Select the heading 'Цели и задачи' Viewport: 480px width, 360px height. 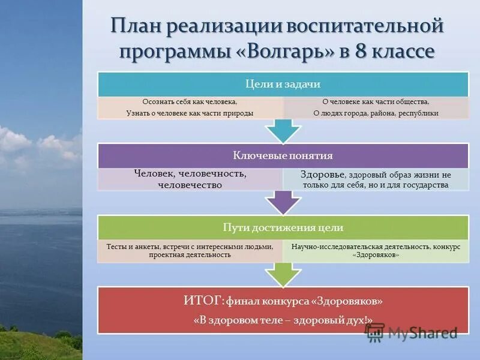coord(283,84)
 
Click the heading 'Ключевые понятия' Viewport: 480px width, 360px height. coord(283,156)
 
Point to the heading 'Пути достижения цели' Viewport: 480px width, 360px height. coord(283,227)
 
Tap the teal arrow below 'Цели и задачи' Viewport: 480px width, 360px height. coord(283,129)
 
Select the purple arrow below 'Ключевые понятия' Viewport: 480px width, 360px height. coord(283,202)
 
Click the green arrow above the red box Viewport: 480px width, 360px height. coord(283,274)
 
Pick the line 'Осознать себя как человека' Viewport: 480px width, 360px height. coord(190,102)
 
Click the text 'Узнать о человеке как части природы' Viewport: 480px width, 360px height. coord(190,113)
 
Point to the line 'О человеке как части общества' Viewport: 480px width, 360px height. coord(376,102)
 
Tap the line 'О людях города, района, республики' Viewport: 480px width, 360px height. coord(376,113)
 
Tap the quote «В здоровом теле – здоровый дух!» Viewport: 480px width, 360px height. coord(283,320)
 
